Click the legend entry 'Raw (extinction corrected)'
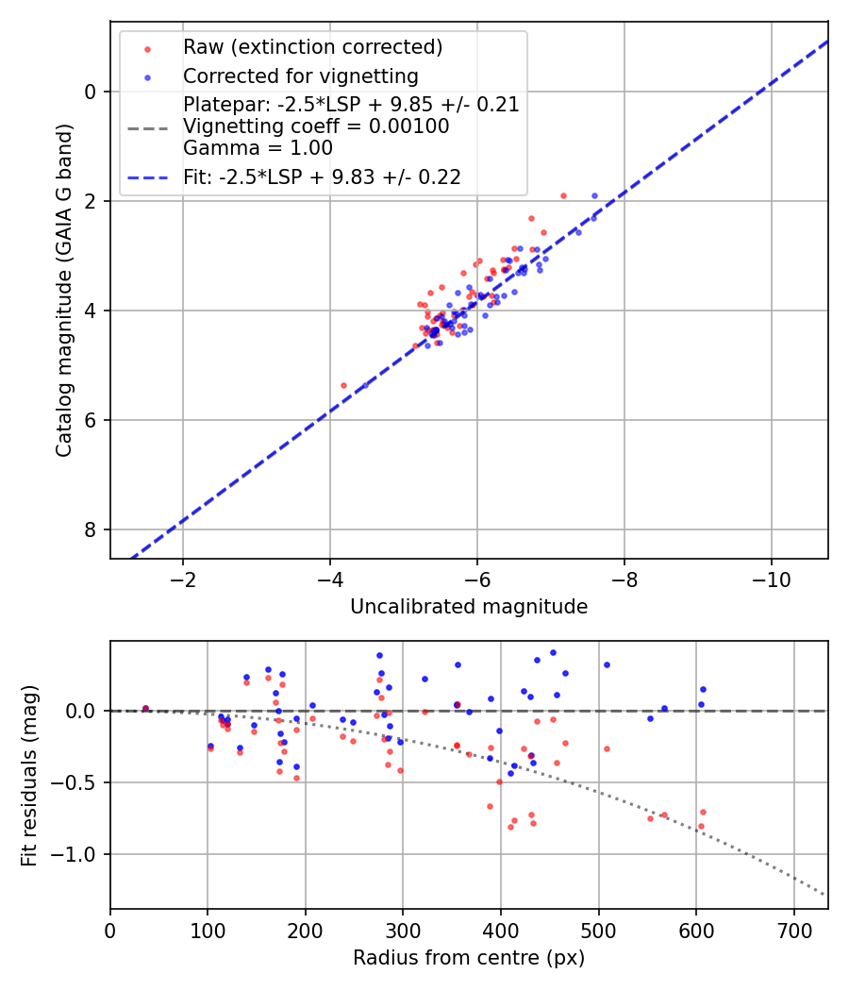coord(312,47)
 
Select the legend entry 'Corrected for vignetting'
coord(300,76)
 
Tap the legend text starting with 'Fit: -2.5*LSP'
coord(322,177)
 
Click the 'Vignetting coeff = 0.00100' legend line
coord(316,126)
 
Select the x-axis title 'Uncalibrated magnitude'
coord(469,607)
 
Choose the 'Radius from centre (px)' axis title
coord(469,958)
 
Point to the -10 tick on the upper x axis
coord(771,578)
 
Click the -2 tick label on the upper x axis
coord(183,578)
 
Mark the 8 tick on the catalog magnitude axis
coord(92,529)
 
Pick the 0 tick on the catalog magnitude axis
coord(92,92)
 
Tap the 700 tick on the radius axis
coord(793,929)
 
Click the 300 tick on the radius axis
coord(403,929)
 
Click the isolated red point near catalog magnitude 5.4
coord(343,385)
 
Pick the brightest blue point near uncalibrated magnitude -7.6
coord(594,195)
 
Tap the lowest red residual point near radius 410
coord(510,827)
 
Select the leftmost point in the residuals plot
coord(145,708)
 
